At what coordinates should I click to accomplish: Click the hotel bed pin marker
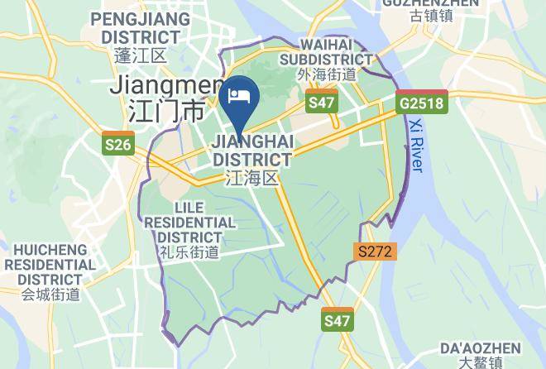[x=239, y=94]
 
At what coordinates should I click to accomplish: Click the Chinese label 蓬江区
[x=141, y=56]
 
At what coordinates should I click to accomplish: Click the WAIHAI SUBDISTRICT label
[x=326, y=51]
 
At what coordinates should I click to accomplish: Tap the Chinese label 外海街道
[x=326, y=74]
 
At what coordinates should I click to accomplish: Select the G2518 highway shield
[x=421, y=103]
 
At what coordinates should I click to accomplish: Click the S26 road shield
[x=117, y=145]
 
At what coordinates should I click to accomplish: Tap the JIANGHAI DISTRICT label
[x=252, y=150]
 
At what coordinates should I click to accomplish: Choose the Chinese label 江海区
[x=252, y=176]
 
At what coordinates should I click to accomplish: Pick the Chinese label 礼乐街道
[x=189, y=252]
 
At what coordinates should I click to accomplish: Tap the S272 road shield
[x=376, y=250]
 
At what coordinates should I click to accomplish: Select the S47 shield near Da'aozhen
[x=337, y=319]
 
